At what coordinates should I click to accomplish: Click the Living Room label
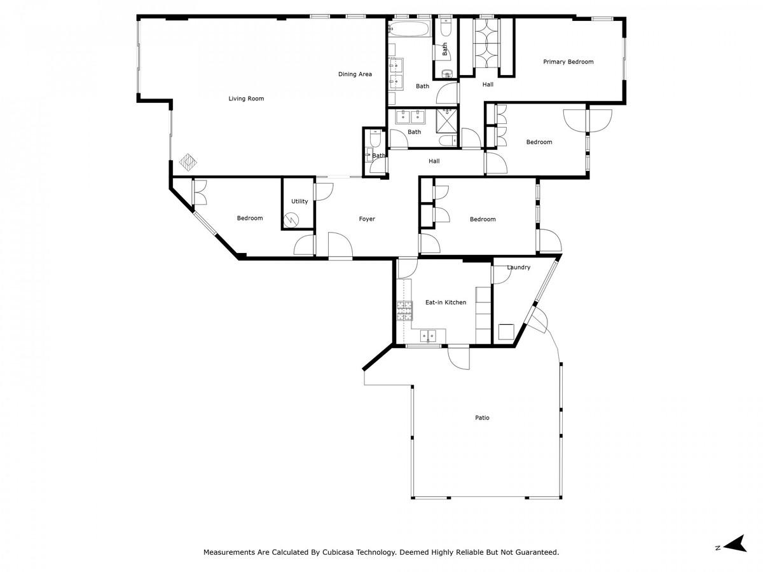(246, 99)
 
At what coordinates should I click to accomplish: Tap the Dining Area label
(355, 74)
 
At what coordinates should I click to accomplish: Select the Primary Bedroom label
(568, 62)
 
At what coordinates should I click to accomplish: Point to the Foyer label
(367, 219)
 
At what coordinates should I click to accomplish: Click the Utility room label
(299, 201)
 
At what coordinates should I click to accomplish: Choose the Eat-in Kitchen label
(446, 303)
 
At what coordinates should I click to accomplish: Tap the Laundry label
(518, 268)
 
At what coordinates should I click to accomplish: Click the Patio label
(482, 418)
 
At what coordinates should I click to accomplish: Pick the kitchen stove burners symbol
(404, 311)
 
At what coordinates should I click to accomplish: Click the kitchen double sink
(429, 336)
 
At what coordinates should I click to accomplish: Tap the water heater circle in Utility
(291, 219)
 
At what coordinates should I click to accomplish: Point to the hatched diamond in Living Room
(188, 162)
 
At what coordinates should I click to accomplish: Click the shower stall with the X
(447, 121)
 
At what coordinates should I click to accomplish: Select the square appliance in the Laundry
(506, 332)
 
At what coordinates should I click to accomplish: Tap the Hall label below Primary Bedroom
(488, 85)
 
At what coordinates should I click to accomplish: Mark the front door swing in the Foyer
(340, 245)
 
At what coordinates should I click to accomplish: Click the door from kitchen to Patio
(458, 357)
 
